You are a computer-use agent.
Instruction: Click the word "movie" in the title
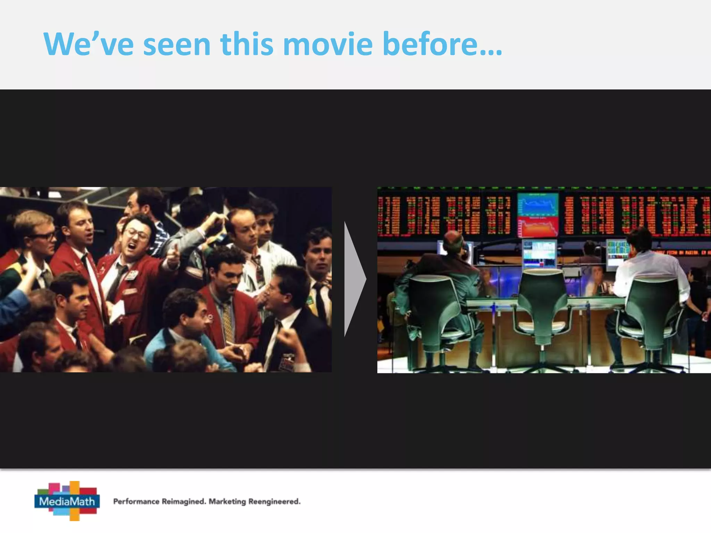(328, 44)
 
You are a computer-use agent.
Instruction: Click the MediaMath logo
(67, 501)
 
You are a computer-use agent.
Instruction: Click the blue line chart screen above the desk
(538, 205)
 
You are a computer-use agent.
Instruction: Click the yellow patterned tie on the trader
(228, 321)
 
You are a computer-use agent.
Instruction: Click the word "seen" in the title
(177, 44)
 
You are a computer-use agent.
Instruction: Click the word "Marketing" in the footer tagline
(227, 501)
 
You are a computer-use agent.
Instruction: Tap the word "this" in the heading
(246, 44)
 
